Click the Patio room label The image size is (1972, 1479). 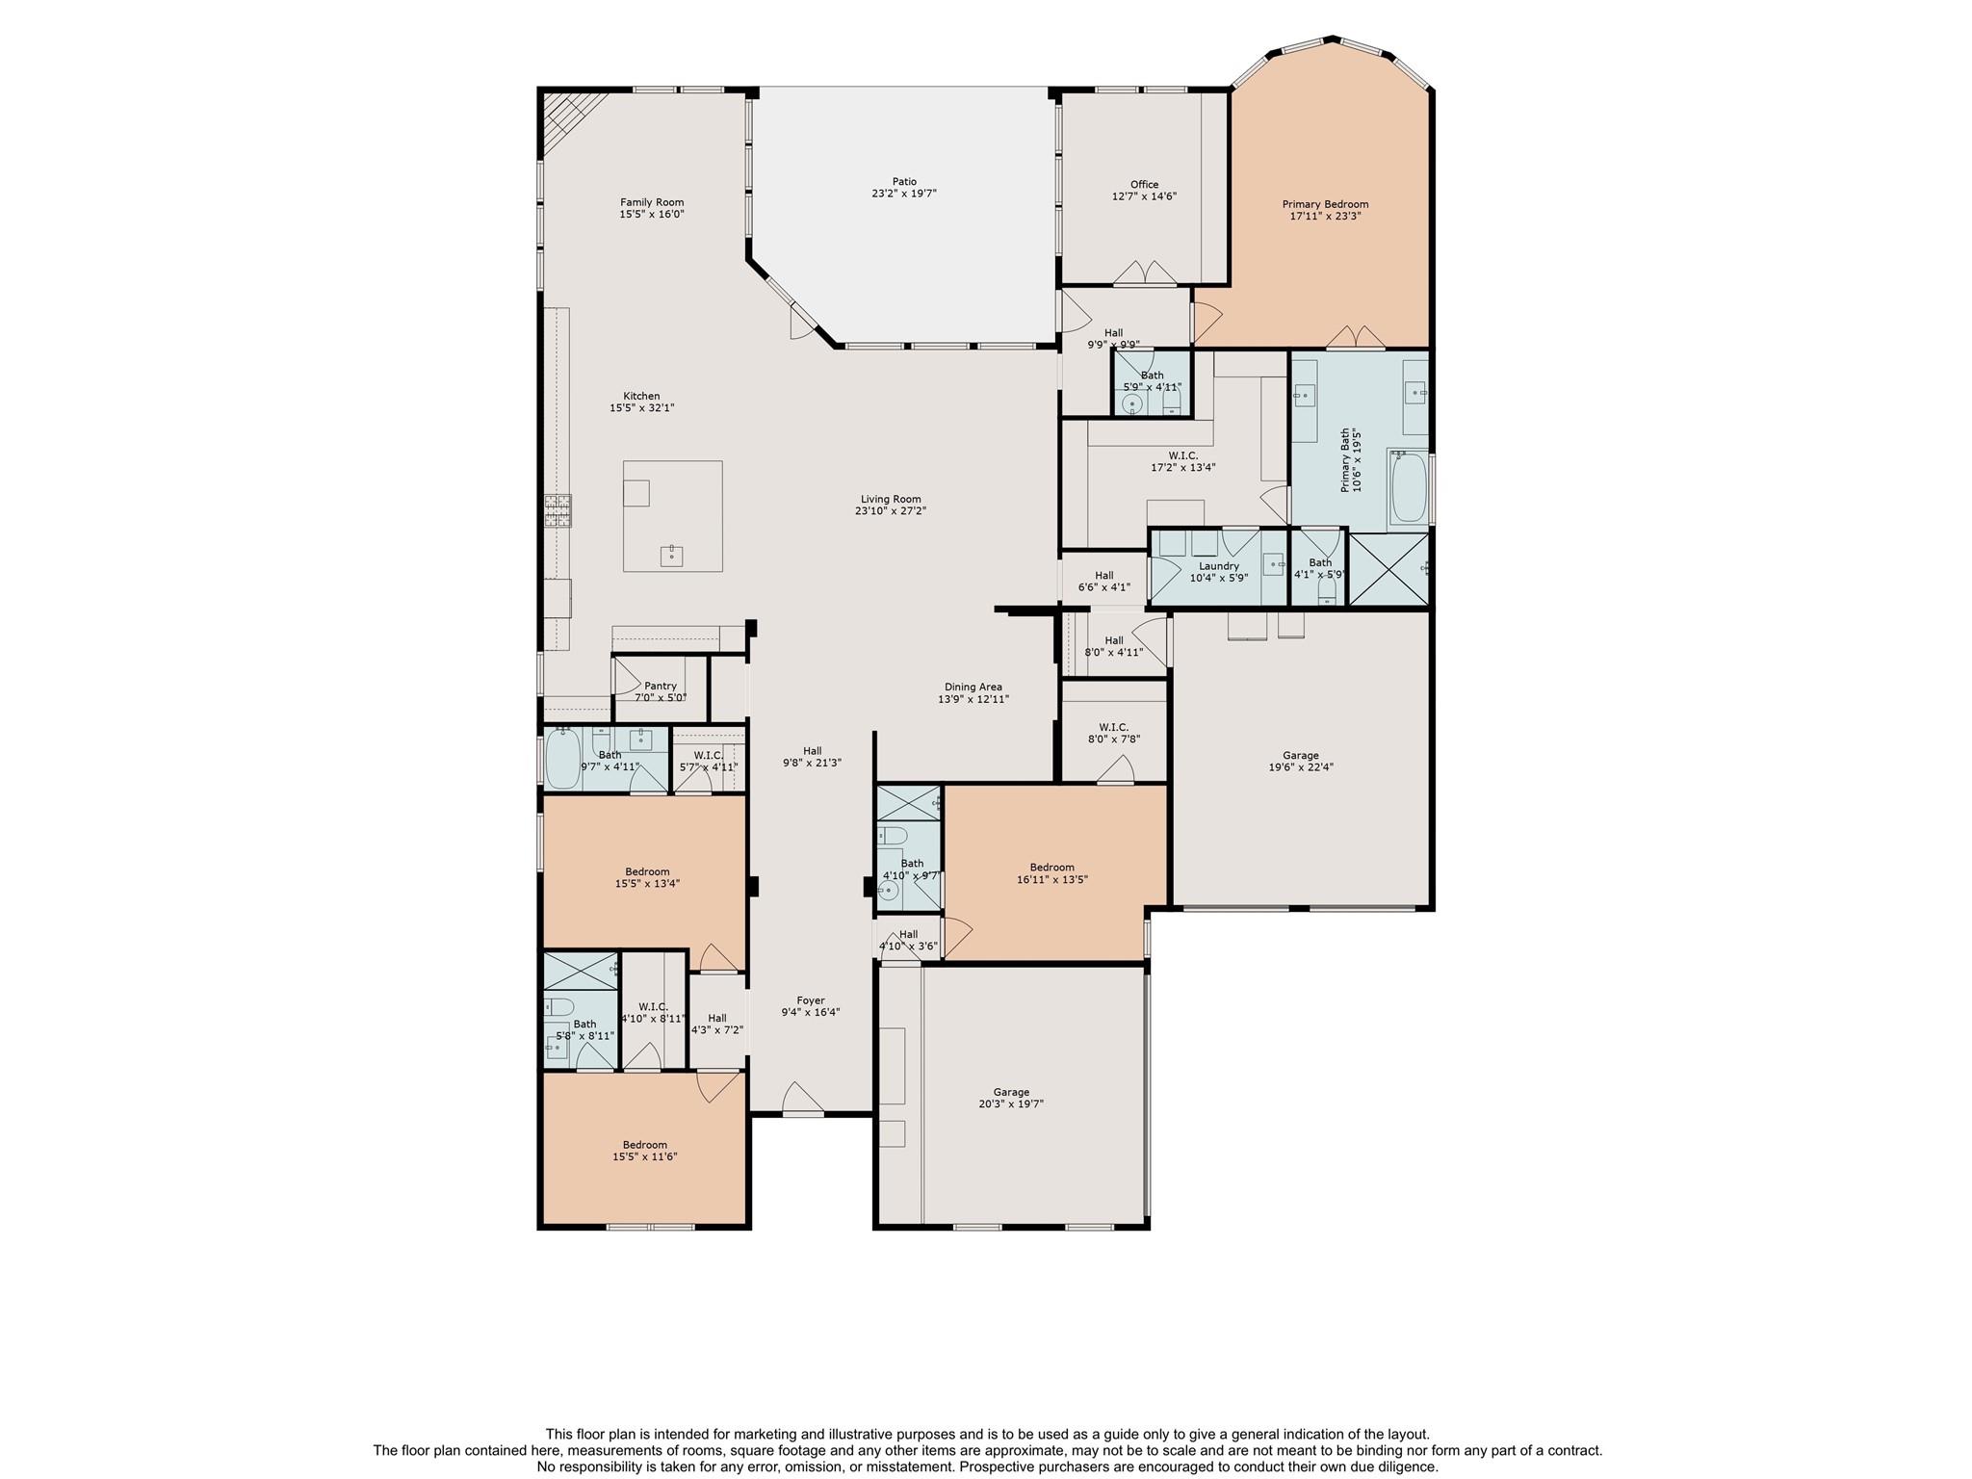(904, 181)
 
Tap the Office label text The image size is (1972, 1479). (1144, 184)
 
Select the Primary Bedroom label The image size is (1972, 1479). (1325, 204)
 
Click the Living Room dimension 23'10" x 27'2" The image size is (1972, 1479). (891, 511)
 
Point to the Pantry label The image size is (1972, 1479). (661, 686)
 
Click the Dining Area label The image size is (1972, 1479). (973, 688)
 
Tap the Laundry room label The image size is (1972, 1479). (1219, 566)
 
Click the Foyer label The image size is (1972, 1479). (811, 1000)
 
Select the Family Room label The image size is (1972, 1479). (652, 202)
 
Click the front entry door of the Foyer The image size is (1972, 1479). (802, 1100)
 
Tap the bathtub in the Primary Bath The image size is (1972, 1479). (1408, 487)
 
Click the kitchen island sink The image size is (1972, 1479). (671, 556)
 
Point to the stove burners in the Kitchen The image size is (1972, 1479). (558, 510)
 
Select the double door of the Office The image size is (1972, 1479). (1145, 273)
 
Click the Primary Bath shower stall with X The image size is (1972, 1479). (1388, 569)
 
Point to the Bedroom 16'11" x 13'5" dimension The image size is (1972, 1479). (1051, 879)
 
